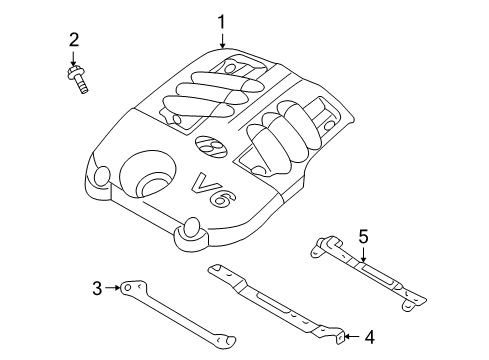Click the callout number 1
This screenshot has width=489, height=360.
tap(221, 22)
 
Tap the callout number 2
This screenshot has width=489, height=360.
tap(74, 40)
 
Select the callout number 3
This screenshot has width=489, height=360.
tap(97, 288)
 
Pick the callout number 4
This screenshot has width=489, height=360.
tap(369, 337)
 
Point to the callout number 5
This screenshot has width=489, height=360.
tap(363, 236)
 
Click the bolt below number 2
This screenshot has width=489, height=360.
tap(78, 79)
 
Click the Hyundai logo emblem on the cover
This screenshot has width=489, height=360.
tap(211, 146)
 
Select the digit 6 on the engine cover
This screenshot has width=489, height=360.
tap(224, 199)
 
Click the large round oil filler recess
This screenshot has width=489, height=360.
tap(147, 175)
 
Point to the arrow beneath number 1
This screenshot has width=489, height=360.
tap(222, 40)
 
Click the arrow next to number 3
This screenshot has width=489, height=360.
tap(112, 288)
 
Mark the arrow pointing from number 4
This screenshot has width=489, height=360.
tap(351, 337)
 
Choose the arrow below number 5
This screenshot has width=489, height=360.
tap(363, 254)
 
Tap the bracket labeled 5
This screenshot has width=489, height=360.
tap(368, 273)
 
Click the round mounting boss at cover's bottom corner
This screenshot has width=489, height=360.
tap(192, 235)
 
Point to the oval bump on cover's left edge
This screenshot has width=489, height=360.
tap(102, 176)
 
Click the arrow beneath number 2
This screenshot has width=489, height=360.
tap(74, 57)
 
